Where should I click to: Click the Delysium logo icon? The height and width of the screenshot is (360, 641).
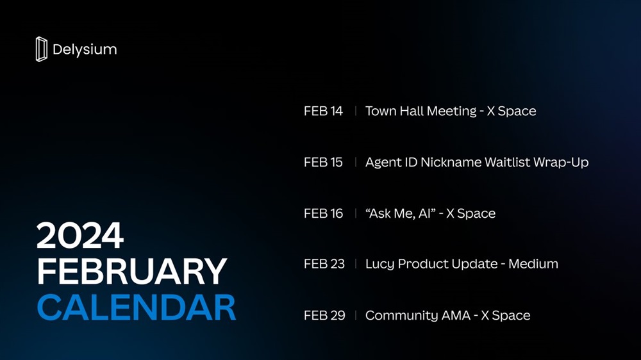41,49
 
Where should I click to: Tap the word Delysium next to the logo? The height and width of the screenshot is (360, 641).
85,50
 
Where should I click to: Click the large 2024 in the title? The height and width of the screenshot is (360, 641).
80,235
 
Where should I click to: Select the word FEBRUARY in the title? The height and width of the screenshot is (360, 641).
131,271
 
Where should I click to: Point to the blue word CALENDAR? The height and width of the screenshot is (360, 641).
137,307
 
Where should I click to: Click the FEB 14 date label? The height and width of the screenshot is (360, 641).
323,111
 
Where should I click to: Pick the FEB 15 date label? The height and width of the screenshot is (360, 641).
323,162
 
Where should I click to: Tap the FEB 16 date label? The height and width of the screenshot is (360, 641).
323,213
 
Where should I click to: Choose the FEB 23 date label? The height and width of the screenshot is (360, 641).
324,264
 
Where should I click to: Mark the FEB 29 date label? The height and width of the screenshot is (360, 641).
324,315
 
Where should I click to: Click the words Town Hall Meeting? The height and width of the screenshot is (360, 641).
421,111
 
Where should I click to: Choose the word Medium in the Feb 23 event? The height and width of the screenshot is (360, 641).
533,264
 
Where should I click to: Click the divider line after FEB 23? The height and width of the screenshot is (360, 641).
356,264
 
